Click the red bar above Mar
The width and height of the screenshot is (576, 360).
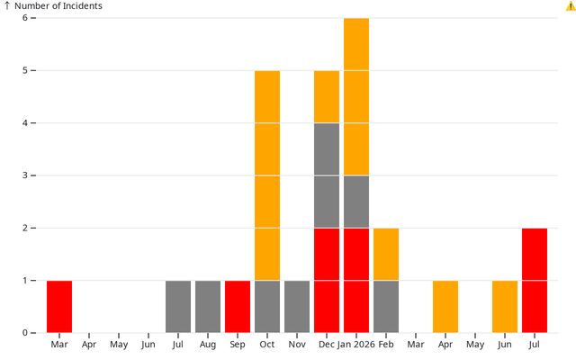pyautogui.click(x=59, y=306)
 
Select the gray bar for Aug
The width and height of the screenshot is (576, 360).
pyautogui.click(x=208, y=306)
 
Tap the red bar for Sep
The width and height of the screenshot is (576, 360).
pyautogui.click(x=238, y=306)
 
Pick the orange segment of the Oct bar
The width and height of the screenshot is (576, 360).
pyautogui.click(x=267, y=175)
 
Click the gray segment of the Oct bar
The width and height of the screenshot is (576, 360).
pyautogui.click(x=267, y=306)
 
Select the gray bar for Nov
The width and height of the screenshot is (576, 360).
pyautogui.click(x=297, y=306)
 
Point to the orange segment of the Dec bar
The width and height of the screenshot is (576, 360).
pyautogui.click(x=327, y=96)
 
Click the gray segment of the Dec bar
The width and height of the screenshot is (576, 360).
pyautogui.click(x=327, y=175)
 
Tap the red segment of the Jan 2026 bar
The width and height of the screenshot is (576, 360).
pyautogui.click(x=356, y=280)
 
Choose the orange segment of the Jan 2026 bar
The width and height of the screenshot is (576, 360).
pyautogui.click(x=356, y=96)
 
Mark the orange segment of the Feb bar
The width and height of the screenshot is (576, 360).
pyautogui.click(x=386, y=254)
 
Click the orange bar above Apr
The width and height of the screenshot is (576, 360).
pyautogui.click(x=445, y=306)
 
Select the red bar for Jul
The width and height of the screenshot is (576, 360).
pyautogui.click(x=535, y=280)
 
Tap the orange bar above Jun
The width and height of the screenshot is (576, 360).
pyautogui.click(x=505, y=306)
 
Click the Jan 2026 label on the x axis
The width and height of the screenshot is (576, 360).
pyautogui.click(x=356, y=344)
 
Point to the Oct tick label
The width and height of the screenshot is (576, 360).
pyautogui.click(x=267, y=344)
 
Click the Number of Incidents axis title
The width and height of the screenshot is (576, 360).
pyautogui.click(x=58, y=6)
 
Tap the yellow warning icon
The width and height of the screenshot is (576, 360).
pyautogui.click(x=571, y=6)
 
